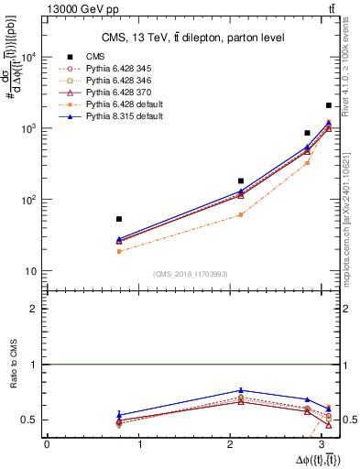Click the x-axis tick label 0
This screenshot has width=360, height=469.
(47, 444)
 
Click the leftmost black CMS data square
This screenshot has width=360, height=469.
(119, 219)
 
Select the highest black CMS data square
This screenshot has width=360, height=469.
(329, 106)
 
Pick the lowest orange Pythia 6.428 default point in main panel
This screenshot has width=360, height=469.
(119, 251)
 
